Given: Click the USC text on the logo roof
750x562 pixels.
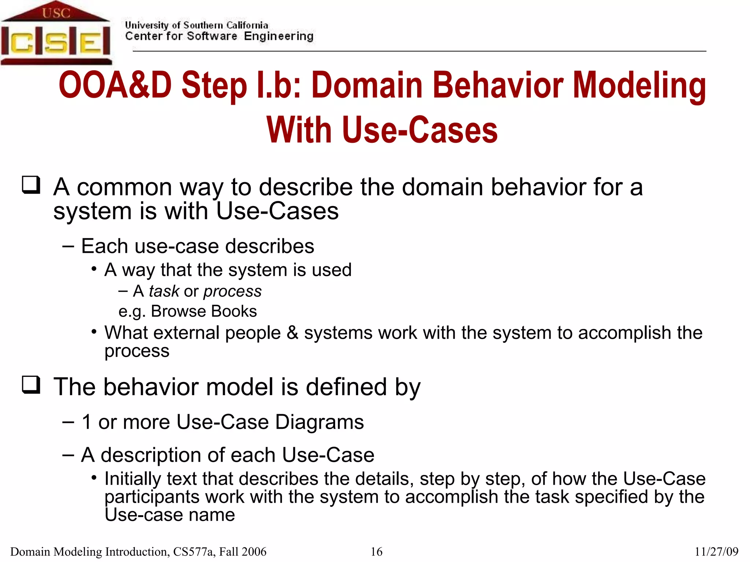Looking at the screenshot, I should (56, 13).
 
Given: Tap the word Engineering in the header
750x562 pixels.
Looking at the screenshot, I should (279, 36).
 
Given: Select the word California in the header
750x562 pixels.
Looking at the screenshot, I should (247, 25).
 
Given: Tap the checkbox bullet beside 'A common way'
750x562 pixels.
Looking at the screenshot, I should (31, 185).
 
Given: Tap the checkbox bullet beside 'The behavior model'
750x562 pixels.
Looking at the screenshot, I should (31, 385).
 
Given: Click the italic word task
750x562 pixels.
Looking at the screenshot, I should (164, 291).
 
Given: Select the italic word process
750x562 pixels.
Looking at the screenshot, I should (232, 292).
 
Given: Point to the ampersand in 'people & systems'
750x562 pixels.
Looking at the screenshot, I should (292, 333).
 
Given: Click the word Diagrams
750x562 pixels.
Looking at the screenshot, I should (319, 422).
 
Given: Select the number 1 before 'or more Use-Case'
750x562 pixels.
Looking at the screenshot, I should (87, 422).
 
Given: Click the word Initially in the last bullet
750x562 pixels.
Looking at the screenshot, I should (133, 479).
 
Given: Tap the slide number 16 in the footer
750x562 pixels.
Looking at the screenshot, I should (376, 551).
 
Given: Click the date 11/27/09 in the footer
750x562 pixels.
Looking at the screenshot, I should (716, 551).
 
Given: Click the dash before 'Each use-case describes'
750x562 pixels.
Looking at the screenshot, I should (68, 246).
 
